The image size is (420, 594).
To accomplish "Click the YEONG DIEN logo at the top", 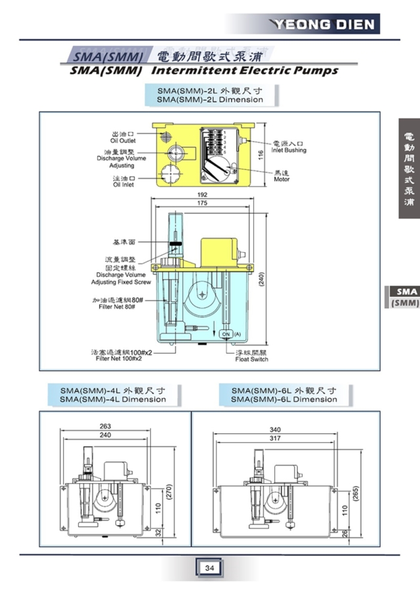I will [x=325, y=25].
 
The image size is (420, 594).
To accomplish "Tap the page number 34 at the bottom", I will [x=209, y=568].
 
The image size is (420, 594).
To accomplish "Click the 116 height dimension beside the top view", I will [x=260, y=155].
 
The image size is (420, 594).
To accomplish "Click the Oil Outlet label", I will [x=123, y=137].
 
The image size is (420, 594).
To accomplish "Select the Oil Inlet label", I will [x=123, y=181].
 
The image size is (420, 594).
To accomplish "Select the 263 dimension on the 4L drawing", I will [x=105, y=426].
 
